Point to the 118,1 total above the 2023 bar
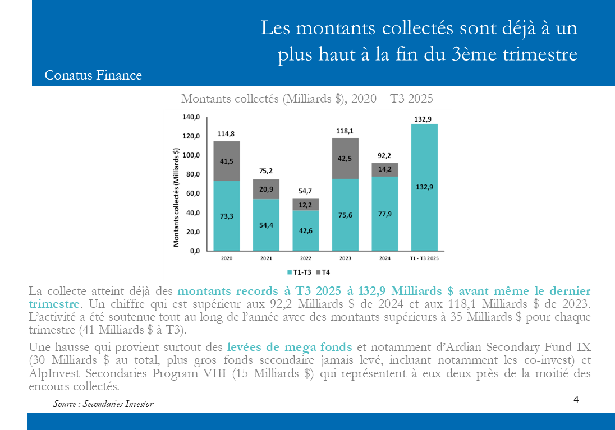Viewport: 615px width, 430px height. point(345,131)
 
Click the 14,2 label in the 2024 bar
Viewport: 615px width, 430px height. point(385,168)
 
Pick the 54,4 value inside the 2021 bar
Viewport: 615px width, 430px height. point(266,225)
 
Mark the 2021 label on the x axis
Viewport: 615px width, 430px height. point(266,258)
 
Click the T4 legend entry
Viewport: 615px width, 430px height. point(323,272)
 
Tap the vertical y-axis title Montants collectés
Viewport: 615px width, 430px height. point(176,197)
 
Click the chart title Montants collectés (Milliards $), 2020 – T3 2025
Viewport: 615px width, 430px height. point(307,99)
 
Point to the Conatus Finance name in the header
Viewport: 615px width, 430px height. point(93,75)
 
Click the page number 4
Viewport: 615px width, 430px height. point(576,399)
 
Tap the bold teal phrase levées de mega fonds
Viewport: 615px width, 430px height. point(290,346)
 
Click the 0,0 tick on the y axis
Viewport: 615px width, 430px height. point(194,251)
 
